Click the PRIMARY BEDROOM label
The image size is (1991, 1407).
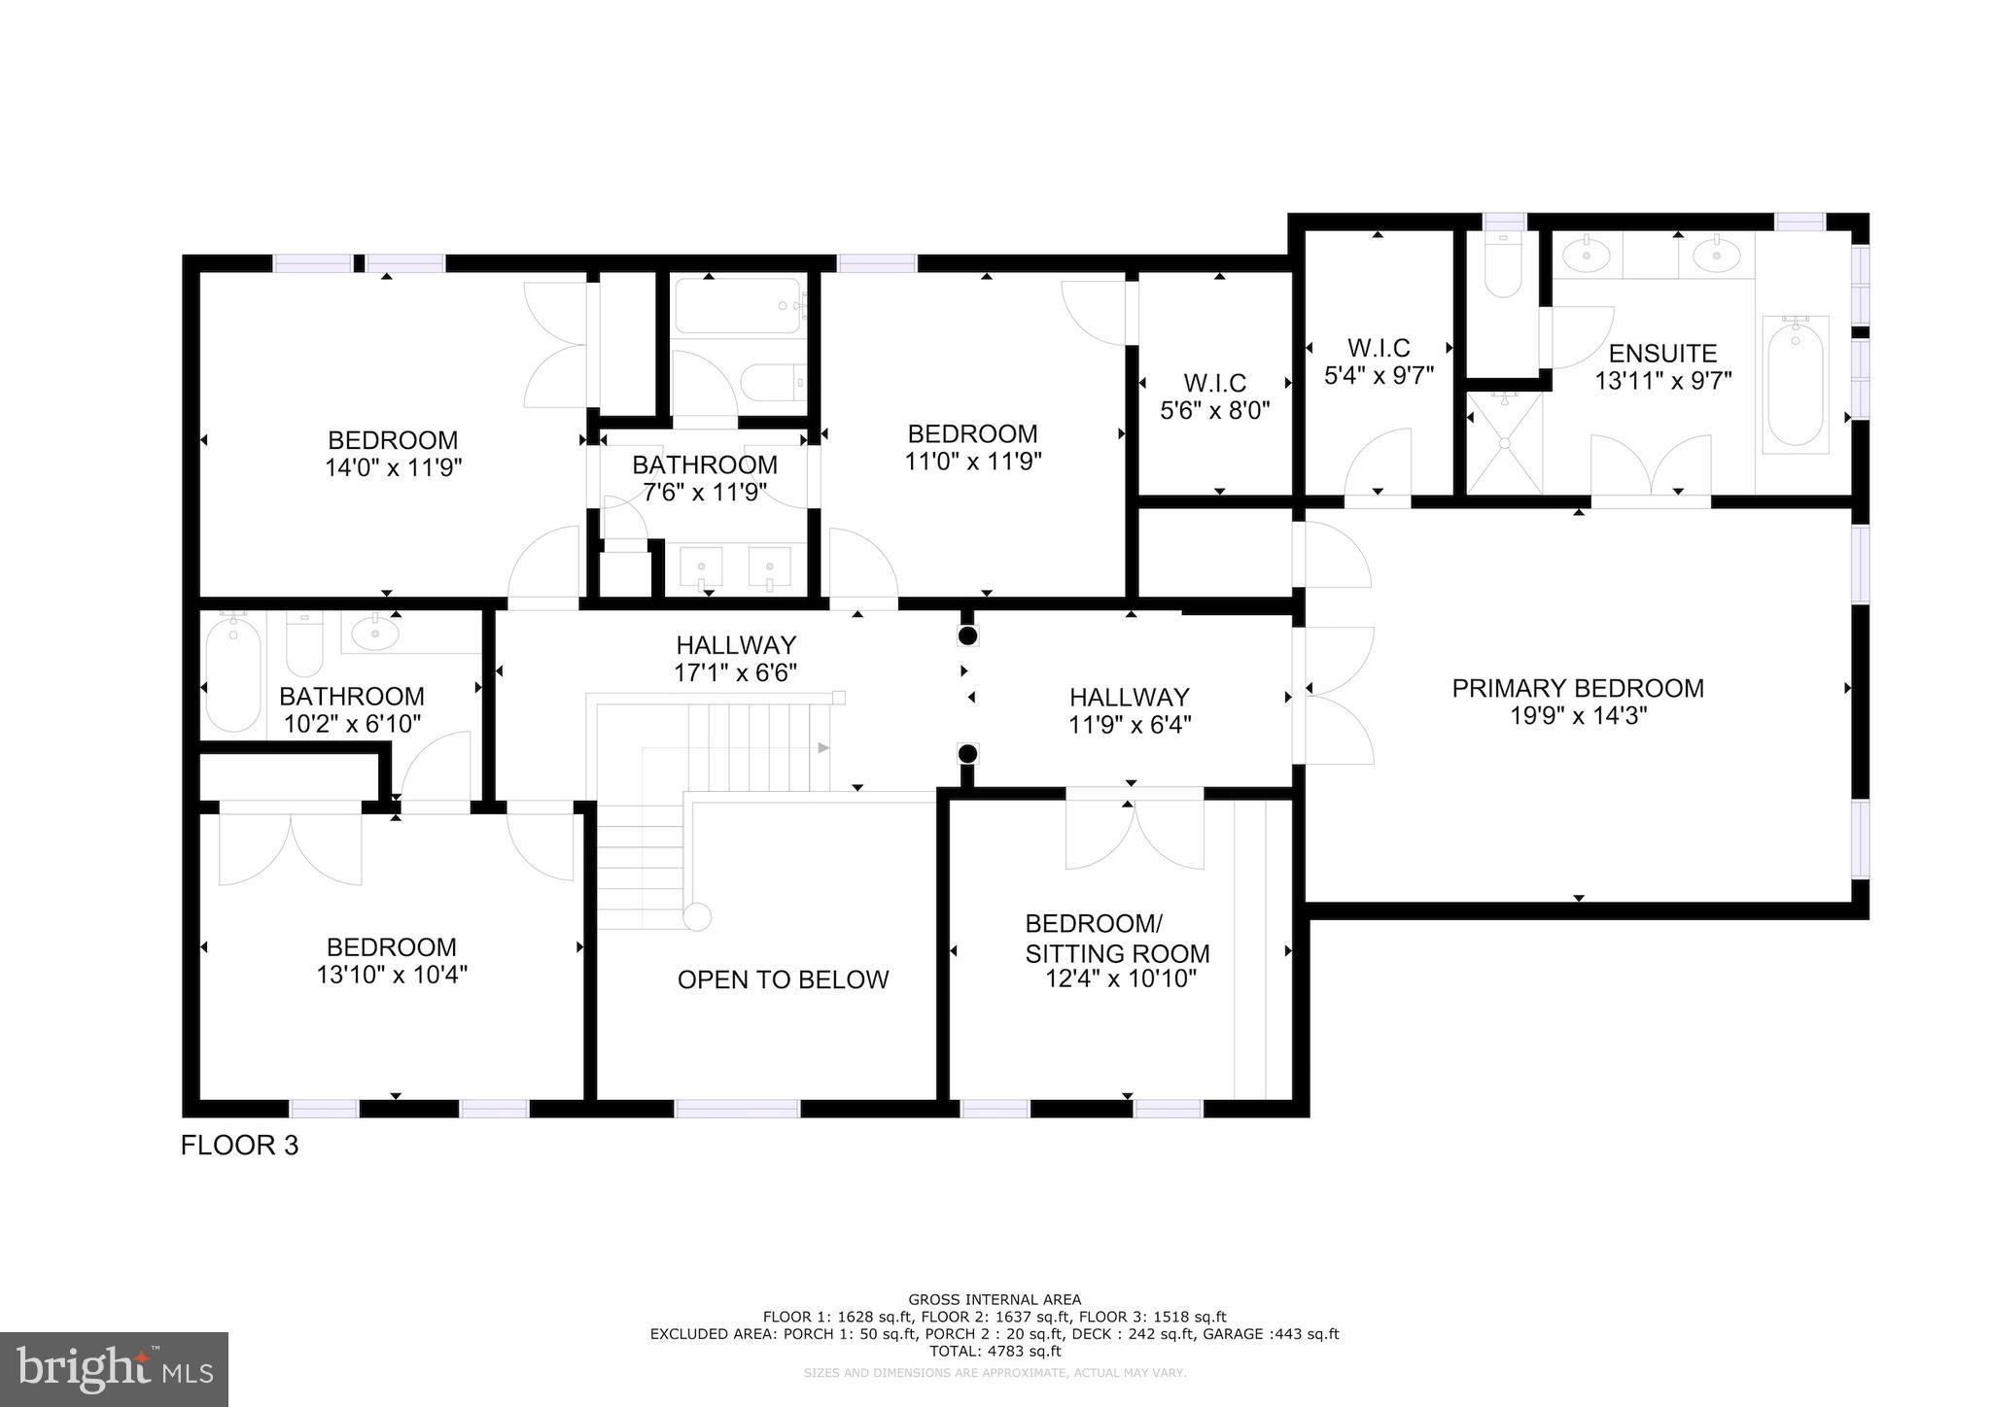1577,688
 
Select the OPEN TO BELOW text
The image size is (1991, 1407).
783,979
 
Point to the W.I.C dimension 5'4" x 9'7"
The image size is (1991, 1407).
1379,375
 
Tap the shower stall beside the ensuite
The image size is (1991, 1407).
1504,442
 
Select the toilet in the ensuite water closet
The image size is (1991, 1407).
1503,267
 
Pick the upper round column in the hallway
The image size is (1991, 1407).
967,636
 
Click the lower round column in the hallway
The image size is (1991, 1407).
967,754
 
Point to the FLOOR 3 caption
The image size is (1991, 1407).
239,1146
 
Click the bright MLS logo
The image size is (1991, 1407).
114,1369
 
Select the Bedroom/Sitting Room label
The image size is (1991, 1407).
1117,938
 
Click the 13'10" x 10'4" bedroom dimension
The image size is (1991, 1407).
392,975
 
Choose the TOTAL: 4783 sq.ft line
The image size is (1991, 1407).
995,1351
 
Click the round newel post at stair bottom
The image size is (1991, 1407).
697,917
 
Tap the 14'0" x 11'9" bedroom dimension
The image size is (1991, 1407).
393,467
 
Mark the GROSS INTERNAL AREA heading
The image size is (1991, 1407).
995,1299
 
